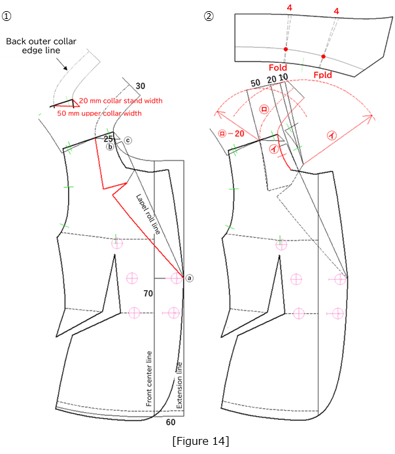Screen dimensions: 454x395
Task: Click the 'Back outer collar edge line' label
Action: point(41,45)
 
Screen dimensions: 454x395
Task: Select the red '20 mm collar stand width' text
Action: point(120,100)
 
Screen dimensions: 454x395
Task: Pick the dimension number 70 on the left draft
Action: point(148,294)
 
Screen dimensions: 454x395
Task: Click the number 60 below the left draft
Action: point(170,423)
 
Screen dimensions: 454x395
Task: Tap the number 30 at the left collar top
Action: point(141,85)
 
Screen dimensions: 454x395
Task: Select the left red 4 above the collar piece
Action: point(288,8)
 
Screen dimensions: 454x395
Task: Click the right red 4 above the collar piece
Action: point(336,11)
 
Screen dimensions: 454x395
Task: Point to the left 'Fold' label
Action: point(278,67)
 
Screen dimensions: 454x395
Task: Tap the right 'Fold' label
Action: point(322,75)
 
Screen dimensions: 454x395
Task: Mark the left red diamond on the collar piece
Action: point(286,49)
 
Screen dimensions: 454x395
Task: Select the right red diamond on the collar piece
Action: point(323,57)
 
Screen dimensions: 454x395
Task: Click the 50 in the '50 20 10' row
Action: point(256,81)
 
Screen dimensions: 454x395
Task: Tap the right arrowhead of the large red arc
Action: point(374,119)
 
